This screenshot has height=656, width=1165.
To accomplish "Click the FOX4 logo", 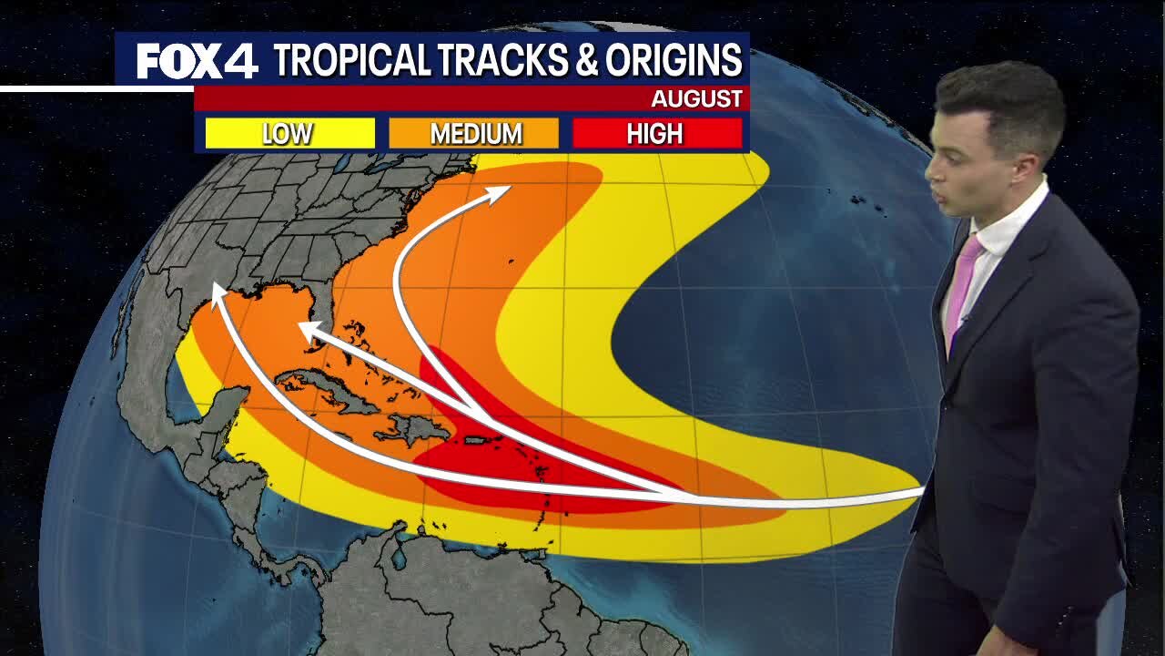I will pos(197,61).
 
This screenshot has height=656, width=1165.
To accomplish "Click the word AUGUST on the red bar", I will pos(696,98).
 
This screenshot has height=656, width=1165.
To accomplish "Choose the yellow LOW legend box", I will pos(289,134).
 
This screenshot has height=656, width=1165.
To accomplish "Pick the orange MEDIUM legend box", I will pos(474,134).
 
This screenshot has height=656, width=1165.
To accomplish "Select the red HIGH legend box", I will pos(656,134).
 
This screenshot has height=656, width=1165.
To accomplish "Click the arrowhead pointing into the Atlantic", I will pos(500,192).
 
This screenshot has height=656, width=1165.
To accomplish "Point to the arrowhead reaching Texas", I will pos(218,292).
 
